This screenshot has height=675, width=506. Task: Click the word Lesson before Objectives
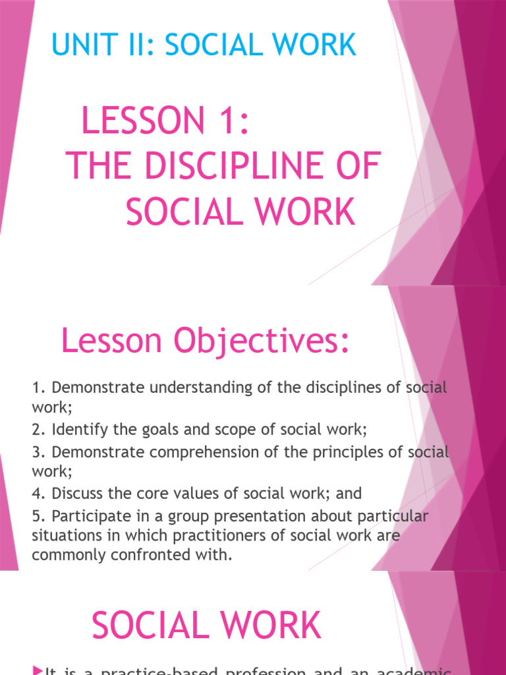111,341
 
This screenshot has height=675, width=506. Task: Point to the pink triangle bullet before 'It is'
36,670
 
